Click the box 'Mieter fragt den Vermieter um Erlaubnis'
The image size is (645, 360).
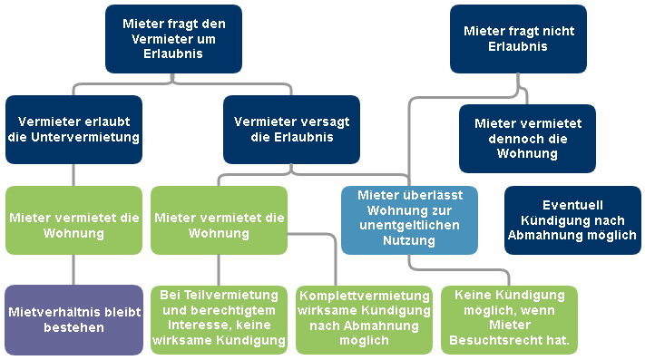pyautogui.click(x=173, y=39)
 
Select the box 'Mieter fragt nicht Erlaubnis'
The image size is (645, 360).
pyautogui.click(x=518, y=39)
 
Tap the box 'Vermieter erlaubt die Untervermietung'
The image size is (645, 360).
pyautogui.click(x=73, y=129)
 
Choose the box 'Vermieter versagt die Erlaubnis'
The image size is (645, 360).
pyautogui.click(x=291, y=129)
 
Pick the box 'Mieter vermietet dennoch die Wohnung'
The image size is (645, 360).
pyautogui.click(x=527, y=139)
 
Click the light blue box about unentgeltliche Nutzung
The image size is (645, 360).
pyautogui.click(x=409, y=219)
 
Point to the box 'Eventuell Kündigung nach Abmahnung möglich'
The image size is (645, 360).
pyautogui.click(x=572, y=220)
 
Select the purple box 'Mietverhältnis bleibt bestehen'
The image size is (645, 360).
pyautogui.click(x=73, y=319)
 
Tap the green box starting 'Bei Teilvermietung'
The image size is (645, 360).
pyautogui.click(x=219, y=319)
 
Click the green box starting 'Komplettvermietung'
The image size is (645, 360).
pyautogui.click(x=364, y=319)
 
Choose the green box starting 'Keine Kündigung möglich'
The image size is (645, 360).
pyautogui.click(x=509, y=319)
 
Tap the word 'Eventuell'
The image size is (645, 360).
pyautogui.click(x=572, y=205)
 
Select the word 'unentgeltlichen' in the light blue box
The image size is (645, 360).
pyautogui.click(x=409, y=226)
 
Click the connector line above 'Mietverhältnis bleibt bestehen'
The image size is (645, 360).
pyautogui.click(x=73, y=269)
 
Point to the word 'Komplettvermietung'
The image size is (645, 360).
pyautogui.click(x=364, y=296)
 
